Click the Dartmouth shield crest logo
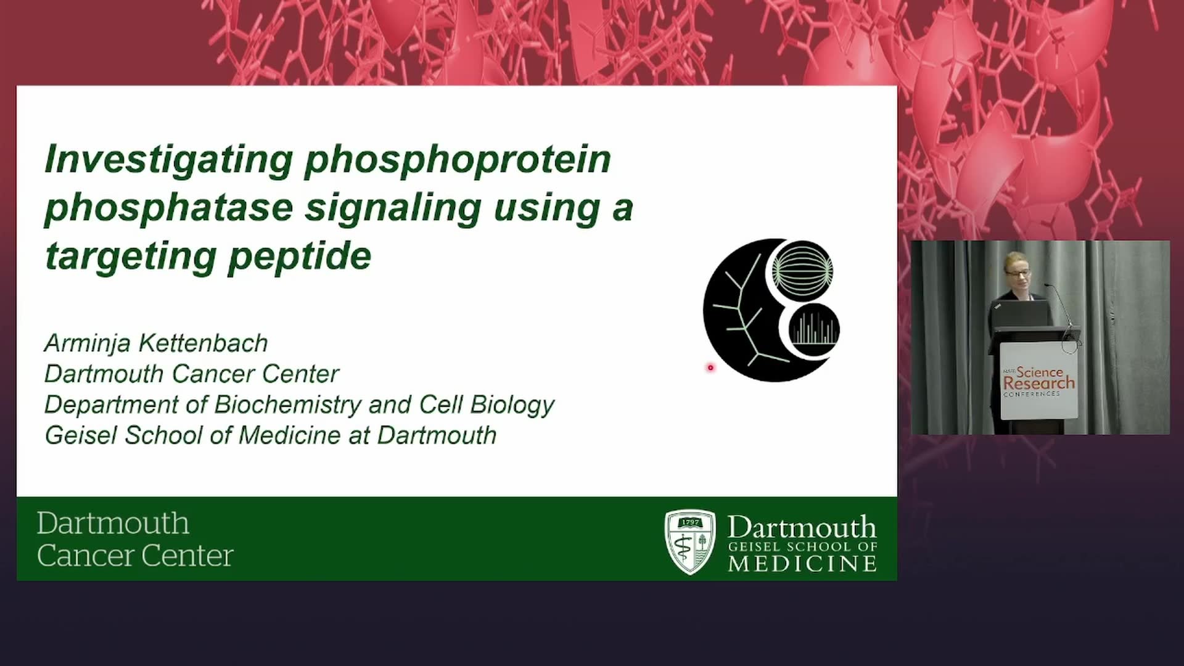tap(690, 542)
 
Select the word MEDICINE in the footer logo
tap(802, 564)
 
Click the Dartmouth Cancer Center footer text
tap(134, 540)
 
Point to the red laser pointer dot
tap(710, 368)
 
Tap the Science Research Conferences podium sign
tap(1039, 381)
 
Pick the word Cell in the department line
tap(442, 405)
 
